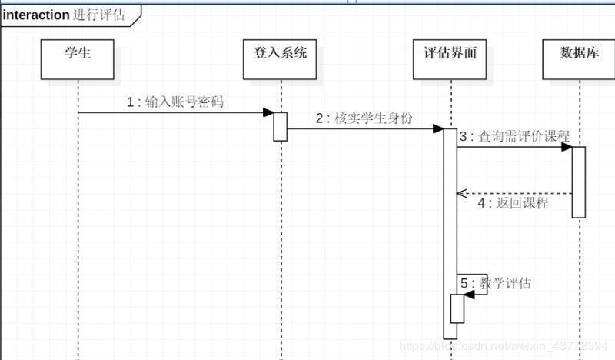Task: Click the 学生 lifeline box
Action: coord(78,58)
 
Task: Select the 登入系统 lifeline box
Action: coord(281,58)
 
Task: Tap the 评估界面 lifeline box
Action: coord(450,58)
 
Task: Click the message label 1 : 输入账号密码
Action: coord(175,102)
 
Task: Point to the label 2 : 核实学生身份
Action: coord(364,118)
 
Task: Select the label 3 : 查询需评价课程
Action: coord(514,137)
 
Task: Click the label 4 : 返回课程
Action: coord(513,203)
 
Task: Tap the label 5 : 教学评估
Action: coord(496,283)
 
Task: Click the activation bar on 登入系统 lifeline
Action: coord(281,127)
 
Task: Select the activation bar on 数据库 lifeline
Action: coord(579,182)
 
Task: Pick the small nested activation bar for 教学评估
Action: coord(457,309)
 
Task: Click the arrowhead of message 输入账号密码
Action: coord(268,112)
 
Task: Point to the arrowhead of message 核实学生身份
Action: coord(438,128)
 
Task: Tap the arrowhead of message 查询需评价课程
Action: coord(567,147)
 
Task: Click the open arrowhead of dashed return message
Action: coord(461,193)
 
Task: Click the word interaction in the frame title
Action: coord(36,15)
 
